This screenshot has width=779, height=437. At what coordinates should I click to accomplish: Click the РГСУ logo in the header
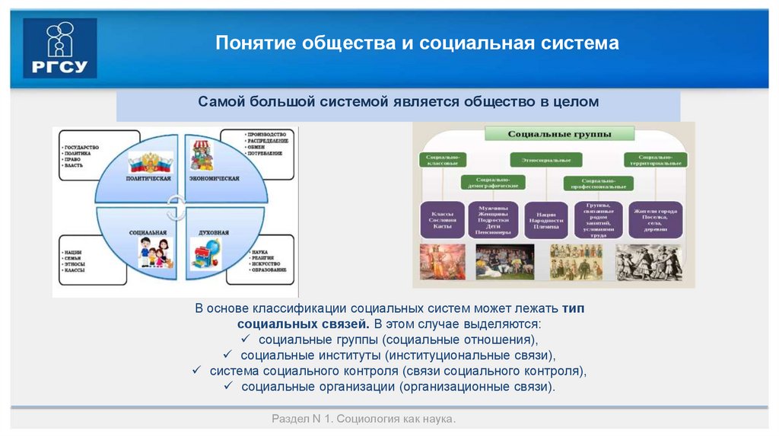[x=60, y=48]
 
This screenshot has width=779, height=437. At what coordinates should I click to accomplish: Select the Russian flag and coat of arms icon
[x=149, y=161]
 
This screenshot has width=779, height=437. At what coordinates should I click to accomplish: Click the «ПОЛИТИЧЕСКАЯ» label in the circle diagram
[x=148, y=178]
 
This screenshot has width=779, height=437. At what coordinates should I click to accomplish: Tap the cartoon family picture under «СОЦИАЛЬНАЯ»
[x=155, y=251]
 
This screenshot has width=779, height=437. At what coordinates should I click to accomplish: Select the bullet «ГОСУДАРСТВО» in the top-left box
[x=82, y=145]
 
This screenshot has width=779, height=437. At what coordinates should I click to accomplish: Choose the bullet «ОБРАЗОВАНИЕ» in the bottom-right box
[x=268, y=270]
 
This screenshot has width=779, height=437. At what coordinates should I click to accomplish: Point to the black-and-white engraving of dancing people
[x=649, y=262]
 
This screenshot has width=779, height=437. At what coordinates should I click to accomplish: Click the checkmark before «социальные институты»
[x=227, y=355]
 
